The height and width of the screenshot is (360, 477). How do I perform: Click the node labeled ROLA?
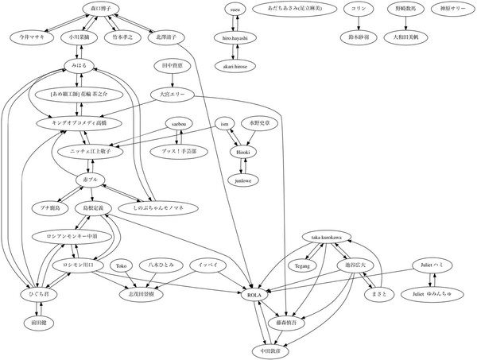tap(255, 295)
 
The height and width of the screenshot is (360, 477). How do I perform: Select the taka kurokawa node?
tap(327, 238)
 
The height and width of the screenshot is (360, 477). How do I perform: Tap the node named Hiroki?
tap(242, 152)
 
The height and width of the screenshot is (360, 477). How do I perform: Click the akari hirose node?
tap(235, 66)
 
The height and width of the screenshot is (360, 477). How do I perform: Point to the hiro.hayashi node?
tap(235, 37)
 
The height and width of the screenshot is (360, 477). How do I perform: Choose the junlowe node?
tap(242, 180)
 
